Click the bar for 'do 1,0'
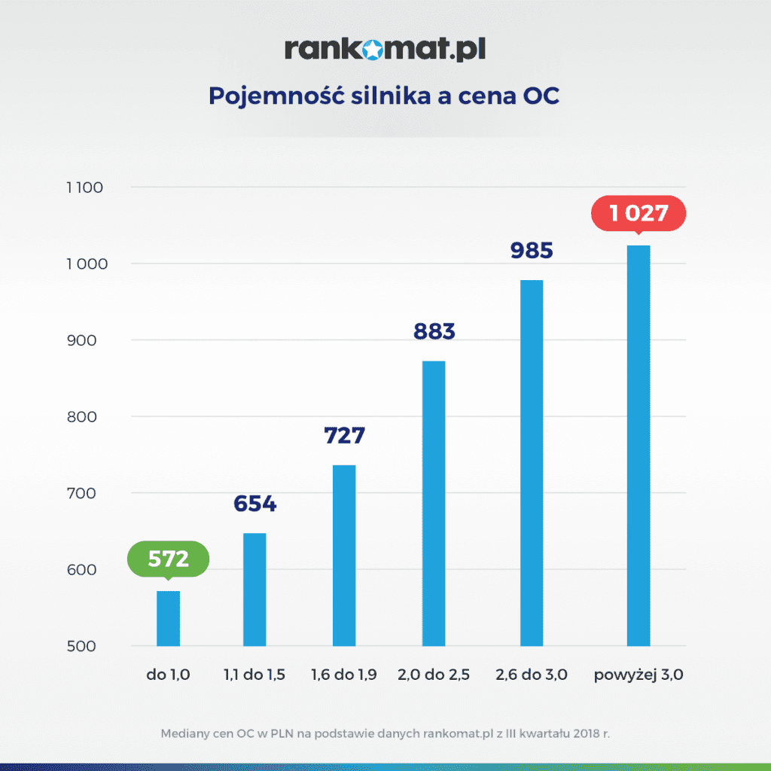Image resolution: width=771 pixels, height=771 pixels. (x=168, y=618)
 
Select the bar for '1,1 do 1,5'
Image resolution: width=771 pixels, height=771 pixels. (x=254, y=590)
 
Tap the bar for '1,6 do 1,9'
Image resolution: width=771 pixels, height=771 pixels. (x=343, y=556)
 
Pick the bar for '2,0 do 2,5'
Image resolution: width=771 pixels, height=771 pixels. (x=434, y=504)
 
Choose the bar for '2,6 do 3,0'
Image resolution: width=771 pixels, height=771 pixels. (x=531, y=463)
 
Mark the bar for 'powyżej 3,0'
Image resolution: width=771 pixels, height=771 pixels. (x=638, y=446)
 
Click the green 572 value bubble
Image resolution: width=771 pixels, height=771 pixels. (x=168, y=559)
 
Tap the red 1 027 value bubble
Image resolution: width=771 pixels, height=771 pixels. (x=638, y=213)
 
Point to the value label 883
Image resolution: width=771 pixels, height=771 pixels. (x=434, y=331)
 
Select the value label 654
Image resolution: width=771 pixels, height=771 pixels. (x=254, y=504)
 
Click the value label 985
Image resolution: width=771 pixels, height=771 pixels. (x=532, y=251)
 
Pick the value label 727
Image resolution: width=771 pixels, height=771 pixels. (x=344, y=435)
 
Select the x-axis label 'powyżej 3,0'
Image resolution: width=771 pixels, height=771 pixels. (x=638, y=675)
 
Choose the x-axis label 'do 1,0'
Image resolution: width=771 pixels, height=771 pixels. (x=168, y=675)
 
